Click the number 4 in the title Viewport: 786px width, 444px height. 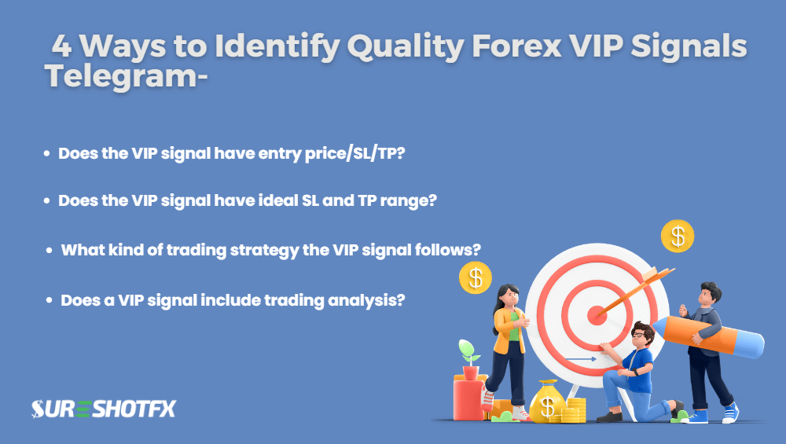[61, 46]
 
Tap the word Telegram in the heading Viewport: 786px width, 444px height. [120, 77]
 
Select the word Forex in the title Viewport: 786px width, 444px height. [516, 46]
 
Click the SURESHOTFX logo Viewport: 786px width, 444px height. [104, 409]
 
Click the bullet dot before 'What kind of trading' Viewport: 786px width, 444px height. [49, 250]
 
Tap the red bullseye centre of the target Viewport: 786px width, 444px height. [597, 315]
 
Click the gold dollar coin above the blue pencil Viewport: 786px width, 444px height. [678, 236]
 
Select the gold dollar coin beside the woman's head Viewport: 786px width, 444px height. [476, 277]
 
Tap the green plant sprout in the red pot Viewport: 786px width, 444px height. [468, 352]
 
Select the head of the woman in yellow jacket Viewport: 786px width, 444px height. [508, 297]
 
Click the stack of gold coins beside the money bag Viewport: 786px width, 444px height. [575, 410]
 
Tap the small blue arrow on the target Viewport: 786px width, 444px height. [581, 359]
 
